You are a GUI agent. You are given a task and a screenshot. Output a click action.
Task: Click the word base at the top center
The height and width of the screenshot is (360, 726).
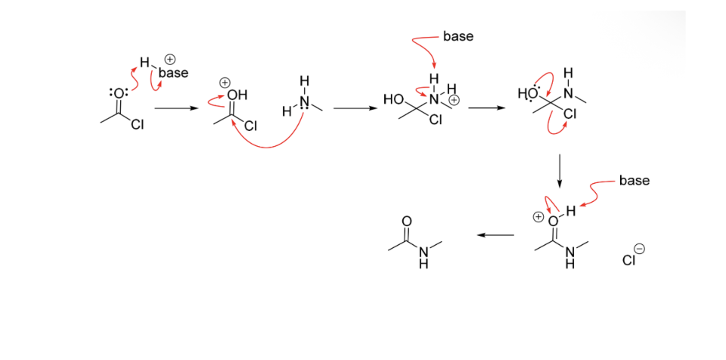point(458,36)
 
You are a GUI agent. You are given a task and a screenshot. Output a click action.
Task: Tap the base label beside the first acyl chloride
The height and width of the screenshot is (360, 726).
point(173,73)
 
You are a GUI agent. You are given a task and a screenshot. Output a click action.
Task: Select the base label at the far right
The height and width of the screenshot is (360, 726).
point(634,180)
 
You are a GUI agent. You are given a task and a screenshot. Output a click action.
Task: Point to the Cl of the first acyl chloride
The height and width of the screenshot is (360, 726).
point(137,126)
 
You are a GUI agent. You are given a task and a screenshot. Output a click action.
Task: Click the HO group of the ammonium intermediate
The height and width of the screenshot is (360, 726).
point(393,99)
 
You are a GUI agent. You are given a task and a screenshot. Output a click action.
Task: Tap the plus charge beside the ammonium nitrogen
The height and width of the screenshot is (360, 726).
point(454,100)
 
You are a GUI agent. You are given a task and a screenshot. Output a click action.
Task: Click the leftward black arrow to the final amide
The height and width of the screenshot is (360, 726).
point(495,235)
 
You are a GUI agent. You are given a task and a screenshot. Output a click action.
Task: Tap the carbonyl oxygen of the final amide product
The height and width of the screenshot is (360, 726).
point(407,220)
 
